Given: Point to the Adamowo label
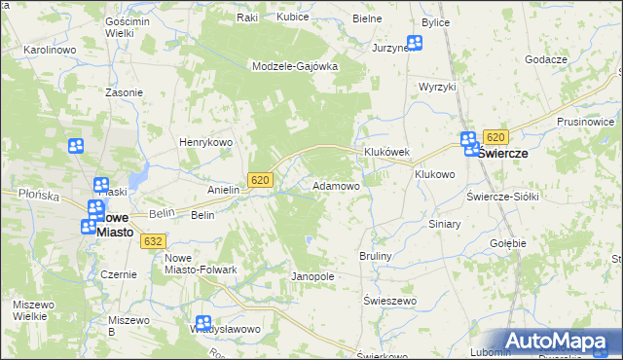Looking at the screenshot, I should coord(336,185).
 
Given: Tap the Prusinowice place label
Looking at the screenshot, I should coord(589,122).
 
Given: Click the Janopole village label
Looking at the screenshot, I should coord(312,276).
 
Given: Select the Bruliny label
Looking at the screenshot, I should coord(375,256).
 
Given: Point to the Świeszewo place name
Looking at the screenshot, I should coord(389,301).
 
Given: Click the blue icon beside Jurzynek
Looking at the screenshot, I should coord(415,43).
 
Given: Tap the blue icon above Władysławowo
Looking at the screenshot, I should coord(202,323).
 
